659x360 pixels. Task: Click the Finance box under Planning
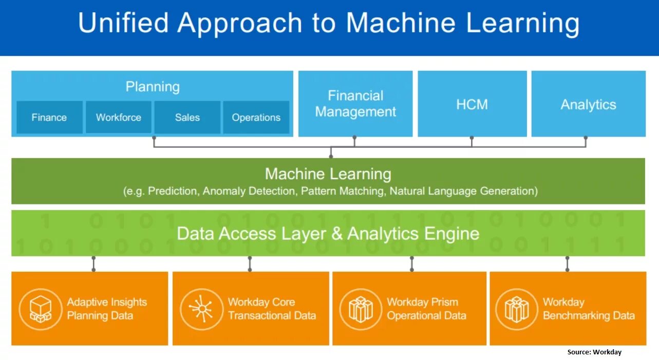pos(49,117)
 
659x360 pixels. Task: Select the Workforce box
pos(118,117)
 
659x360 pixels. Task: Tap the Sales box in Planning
pos(187,117)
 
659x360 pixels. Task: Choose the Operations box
pos(256,117)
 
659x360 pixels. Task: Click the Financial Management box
pos(355,104)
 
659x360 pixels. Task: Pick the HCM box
pos(472,104)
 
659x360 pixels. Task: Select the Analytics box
pos(588,104)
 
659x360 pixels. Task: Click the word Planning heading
pos(153,86)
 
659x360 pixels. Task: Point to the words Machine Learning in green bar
pos(328,174)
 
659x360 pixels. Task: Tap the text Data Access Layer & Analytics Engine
pos(328,234)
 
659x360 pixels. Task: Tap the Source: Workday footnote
pos(594,352)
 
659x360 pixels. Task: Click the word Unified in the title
pos(123,23)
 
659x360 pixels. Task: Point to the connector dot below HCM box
pos(472,138)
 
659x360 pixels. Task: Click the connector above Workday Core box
pos(250,263)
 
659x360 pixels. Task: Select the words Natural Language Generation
pos(463,191)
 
